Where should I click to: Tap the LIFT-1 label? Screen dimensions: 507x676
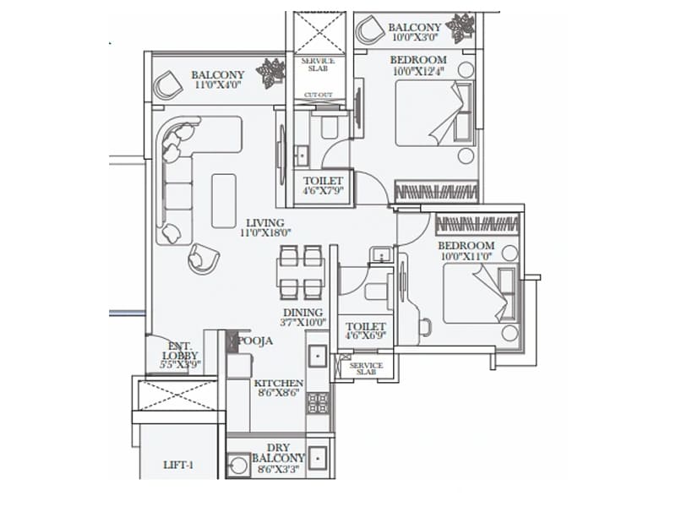point(180,464)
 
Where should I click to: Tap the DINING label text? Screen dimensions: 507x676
point(303,312)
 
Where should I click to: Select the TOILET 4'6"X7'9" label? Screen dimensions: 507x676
point(324,186)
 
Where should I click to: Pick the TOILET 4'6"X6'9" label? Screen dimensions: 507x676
point(365,331)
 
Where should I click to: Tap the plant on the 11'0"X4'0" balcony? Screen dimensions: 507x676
point(271,74)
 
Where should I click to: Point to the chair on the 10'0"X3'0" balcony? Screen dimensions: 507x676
point(369,31)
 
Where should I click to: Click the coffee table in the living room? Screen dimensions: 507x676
point(224,200)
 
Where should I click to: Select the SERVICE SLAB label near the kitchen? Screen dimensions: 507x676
point(366,368)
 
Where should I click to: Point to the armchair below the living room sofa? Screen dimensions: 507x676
point(203,258)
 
